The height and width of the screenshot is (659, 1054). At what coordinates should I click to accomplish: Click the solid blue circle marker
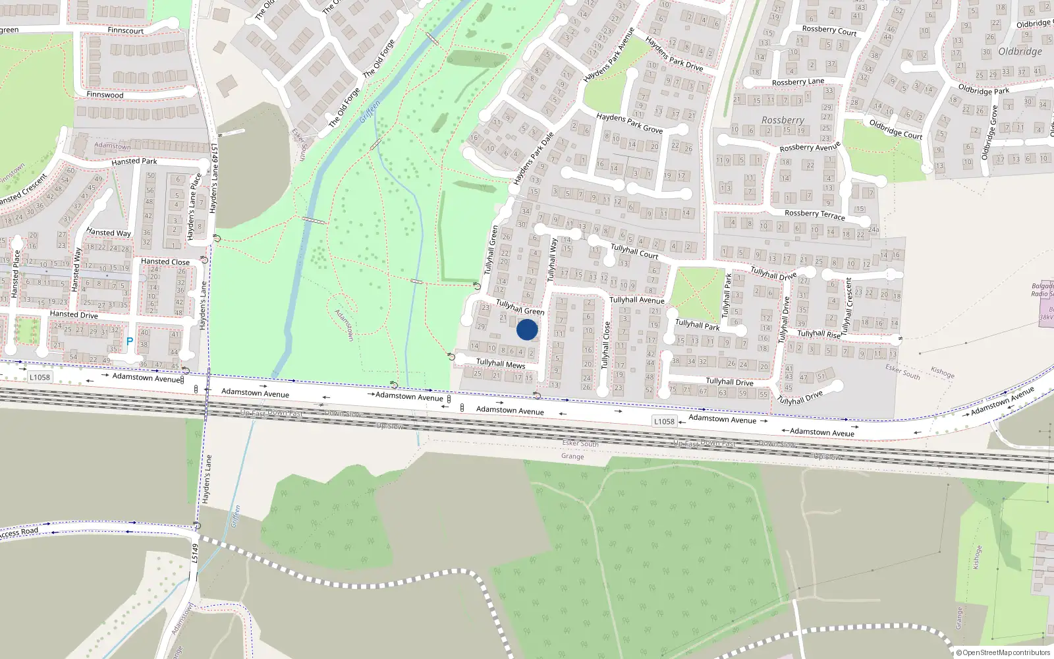tap(527, 329)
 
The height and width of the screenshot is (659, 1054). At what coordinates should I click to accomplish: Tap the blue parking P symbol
tap(130, 341)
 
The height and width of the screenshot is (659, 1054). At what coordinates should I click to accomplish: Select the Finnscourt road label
tap(125, 30)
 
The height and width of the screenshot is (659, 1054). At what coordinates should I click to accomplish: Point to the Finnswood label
tap(105, 95)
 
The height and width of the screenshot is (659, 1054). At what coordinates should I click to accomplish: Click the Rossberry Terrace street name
tap(814, 214)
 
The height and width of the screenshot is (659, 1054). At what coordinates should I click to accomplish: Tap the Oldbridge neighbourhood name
tap(1020, 51)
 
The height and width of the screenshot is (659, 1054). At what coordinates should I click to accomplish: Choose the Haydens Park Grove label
tap(629, 123)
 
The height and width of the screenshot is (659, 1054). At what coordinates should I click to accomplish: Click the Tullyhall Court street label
tap(634, 251)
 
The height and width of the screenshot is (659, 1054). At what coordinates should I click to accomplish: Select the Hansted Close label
tap(165, 262)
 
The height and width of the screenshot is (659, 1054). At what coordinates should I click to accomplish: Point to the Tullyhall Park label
tap(697, 325)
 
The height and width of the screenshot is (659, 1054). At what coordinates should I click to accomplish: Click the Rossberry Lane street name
tap(798, 82)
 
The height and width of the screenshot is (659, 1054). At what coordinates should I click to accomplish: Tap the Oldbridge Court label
tap(895, 129)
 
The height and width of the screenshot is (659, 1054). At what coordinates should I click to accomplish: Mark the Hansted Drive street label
tap(74, 314)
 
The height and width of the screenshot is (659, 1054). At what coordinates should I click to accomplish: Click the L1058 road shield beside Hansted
tap(40, 377)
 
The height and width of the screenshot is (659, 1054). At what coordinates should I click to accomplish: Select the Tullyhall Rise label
tap(819, 333)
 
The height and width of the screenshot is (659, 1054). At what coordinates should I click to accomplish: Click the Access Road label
tap(20, 532)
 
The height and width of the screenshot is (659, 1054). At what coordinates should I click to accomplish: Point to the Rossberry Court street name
tap(829, 30)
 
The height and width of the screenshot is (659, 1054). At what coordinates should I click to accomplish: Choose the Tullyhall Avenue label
tap(636, 300)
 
